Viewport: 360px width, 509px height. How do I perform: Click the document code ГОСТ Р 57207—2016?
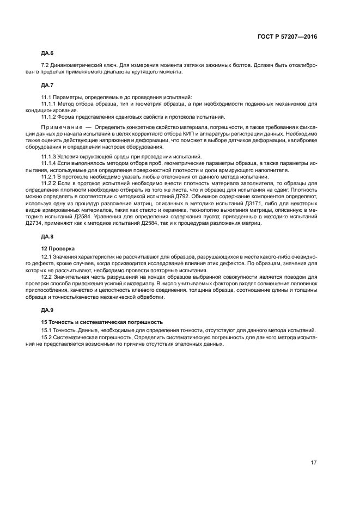287,36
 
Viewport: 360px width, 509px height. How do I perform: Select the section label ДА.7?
47,85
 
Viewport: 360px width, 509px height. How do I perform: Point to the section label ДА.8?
47,236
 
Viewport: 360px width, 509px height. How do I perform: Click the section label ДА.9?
47,309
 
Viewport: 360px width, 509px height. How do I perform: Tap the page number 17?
314,462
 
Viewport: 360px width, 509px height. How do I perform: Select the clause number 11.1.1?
49,103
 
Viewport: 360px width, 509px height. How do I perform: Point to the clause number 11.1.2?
49,116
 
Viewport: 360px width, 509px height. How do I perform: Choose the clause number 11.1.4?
49,163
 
